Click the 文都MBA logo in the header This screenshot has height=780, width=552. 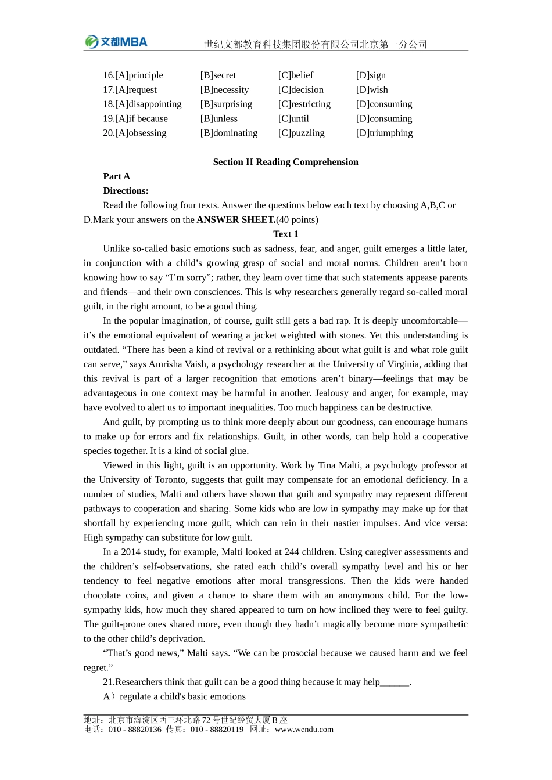(x=116, y=42)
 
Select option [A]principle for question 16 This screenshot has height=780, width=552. (x=133, y=75)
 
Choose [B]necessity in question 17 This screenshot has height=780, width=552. (x=224, y=90)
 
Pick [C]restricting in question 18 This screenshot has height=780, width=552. (x=304, y=104)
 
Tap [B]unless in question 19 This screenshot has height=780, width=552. (x=218, y=119)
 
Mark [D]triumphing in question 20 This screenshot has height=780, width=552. (x=384, y=133)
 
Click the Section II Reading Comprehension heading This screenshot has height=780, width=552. (x=285, y=162)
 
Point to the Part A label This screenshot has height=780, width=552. (x=116, y=176)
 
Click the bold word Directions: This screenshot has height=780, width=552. (x=126, y=191)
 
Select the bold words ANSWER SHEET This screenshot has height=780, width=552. (x=236, y=220)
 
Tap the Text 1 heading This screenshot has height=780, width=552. (x=285, y=234)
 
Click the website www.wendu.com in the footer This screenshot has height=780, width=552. (x=304, y=730)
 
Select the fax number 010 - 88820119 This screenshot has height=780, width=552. (x=217, y=730)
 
